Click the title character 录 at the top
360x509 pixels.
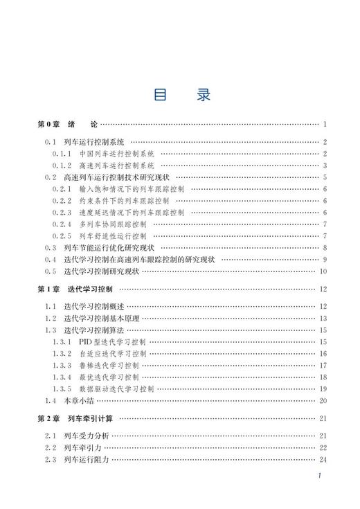pos(201,93)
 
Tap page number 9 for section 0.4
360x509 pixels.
pos(323,259)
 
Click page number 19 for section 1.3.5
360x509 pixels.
pos(323,389)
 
